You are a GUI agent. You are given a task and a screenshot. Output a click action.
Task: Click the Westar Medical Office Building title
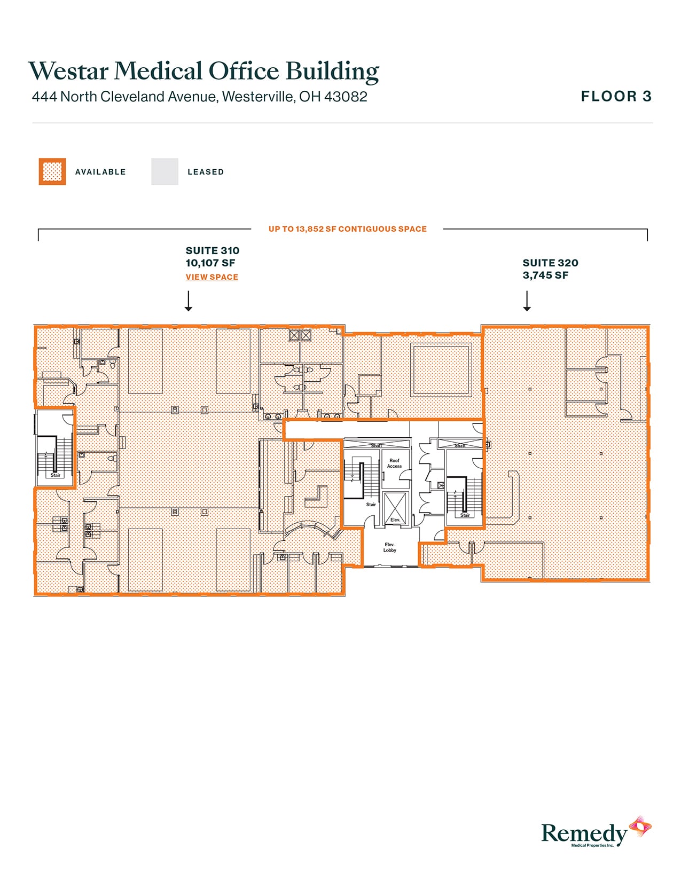(203, 71)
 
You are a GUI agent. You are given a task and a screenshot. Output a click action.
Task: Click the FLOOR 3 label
(616, 97)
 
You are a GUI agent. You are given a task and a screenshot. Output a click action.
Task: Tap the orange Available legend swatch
(52, 172)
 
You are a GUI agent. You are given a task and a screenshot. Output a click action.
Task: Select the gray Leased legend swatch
(165, 172)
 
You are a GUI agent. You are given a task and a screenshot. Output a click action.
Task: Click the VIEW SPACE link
(212, 277)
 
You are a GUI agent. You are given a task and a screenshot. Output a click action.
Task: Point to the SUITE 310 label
(212, 250)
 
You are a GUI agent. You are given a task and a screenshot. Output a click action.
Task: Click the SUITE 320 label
(550, 263)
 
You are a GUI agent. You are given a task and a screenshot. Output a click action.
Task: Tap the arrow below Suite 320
(527, 301)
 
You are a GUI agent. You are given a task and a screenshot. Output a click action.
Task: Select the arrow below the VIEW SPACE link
(188, 301)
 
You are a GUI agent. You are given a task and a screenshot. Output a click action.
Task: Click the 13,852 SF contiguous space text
(347, 229)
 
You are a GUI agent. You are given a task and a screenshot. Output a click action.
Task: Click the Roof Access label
(394, 463)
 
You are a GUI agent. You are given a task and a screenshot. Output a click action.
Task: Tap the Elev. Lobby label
(389, 547)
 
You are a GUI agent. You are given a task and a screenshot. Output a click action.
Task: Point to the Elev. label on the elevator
(395, 520)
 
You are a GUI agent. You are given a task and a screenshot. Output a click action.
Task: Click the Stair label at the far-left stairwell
(56, 475)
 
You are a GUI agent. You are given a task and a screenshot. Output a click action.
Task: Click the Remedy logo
(596, 832)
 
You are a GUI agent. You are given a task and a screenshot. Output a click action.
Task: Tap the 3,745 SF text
(545, 276)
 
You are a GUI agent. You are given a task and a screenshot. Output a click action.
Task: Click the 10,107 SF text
(210, 263)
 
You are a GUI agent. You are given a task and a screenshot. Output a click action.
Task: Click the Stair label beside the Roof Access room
(371, 505)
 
